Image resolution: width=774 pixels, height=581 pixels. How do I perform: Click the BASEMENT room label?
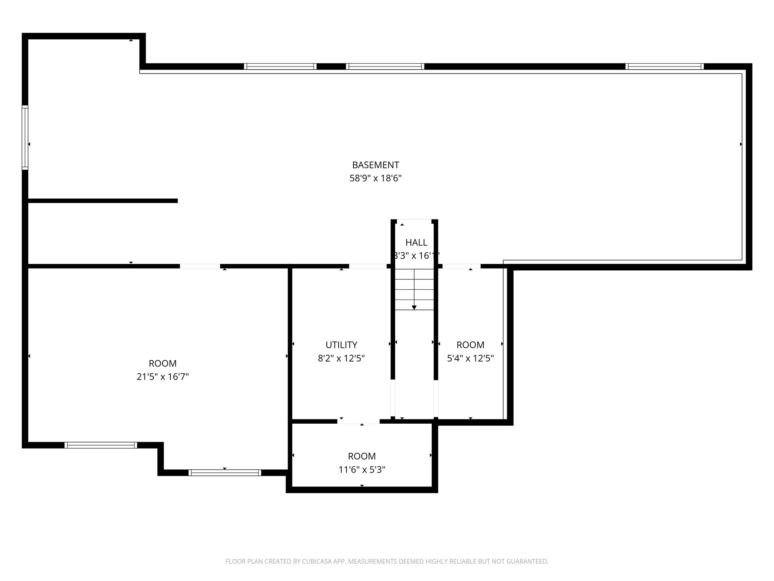pyautogui.click(x=375, y=165)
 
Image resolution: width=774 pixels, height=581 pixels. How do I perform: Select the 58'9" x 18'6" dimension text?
pyautogui.click(x=375, y=178)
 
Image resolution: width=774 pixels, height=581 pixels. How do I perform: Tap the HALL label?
pyautogui.click(x=416, y=242)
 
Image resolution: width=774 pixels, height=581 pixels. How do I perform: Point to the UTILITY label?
pyautogui.click(x=341, y=345)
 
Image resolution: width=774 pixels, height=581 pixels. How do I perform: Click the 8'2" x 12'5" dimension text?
pyautogui.click(x=341, y=358)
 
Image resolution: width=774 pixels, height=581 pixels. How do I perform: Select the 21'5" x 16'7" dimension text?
pyautogui.click(x=163, y=377)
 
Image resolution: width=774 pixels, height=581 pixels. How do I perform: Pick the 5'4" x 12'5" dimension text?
pyautogui.click(x=470, y=358)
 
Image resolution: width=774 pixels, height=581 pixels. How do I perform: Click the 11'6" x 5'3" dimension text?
pyautogui.click(x=362, y=470)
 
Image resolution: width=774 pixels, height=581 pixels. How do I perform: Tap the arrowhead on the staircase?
pyautogui.click(x=414, y=308)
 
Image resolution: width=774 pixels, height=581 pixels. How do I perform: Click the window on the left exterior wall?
pyautogui.click(x=25, y=138)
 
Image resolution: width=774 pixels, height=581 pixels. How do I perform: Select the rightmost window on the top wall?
pyautogui.click(x=664, y=67)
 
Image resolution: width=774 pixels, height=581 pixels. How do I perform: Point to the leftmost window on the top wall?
pyautogui.click(x=280, y=67)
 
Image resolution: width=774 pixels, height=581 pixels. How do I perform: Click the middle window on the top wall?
pyautogui.click(x=385, y=67)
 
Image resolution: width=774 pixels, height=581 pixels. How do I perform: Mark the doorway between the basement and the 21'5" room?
pyautogui.click(x=200, y=266)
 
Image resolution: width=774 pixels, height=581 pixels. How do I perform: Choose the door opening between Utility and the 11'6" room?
pyautogui.click(x=358, y=421)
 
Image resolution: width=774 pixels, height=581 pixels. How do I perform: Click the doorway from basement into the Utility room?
pyautogui.click(x=368, y=266)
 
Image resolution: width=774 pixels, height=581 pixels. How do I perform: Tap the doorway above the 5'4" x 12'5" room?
pyautogui.click(x=461, y=266)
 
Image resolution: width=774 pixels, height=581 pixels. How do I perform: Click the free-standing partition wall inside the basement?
pyautogui.click(x=103, y=201)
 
